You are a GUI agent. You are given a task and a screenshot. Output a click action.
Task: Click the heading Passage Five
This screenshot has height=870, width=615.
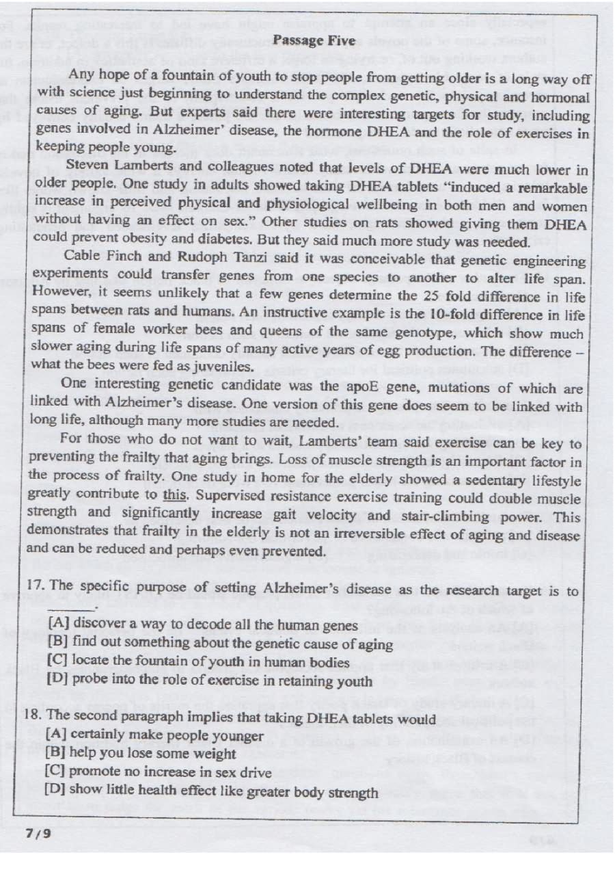[x=314, y=40]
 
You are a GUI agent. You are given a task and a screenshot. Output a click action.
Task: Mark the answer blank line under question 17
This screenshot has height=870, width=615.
[x=71, y=607]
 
